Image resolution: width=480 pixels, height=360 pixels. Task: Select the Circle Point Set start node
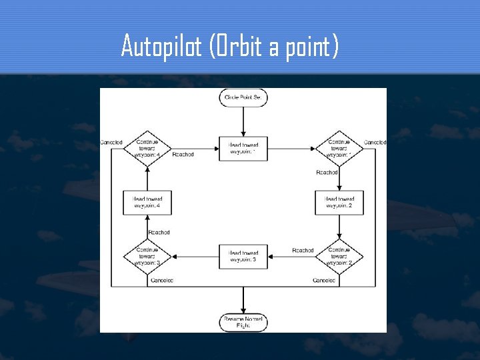coord(244,98)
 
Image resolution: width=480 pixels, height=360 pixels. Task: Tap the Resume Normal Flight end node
coord(244,323)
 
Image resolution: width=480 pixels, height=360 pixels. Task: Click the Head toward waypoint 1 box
coord(243,149)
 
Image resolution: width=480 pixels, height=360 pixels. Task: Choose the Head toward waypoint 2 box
coord(339,203)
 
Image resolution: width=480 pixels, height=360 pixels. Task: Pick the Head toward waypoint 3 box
coord(243,257)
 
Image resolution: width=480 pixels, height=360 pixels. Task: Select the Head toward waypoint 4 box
coord(147,203)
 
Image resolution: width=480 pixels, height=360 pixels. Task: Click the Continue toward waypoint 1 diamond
coord(339,149)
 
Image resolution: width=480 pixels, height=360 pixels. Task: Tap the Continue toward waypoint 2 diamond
coord(339,257)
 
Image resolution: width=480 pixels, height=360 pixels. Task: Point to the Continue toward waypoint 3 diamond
coord(147,257)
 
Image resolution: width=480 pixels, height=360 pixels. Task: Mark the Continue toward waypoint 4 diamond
coord(147,149)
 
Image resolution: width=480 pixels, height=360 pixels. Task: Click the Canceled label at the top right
coord(375,142)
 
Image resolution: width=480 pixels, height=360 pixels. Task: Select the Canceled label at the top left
coord(111,142)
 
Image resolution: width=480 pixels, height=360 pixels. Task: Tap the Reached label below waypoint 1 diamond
coord(327,173)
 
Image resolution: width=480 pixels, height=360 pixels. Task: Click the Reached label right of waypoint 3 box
coord(303,251)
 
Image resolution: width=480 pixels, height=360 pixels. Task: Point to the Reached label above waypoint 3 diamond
coord(159,233)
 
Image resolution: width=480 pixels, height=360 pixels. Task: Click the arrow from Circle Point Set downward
coord(244,120)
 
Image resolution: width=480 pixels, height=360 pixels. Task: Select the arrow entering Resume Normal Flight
coord(244,300)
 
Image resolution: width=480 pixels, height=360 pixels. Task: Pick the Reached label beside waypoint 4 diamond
coord(183,155)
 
